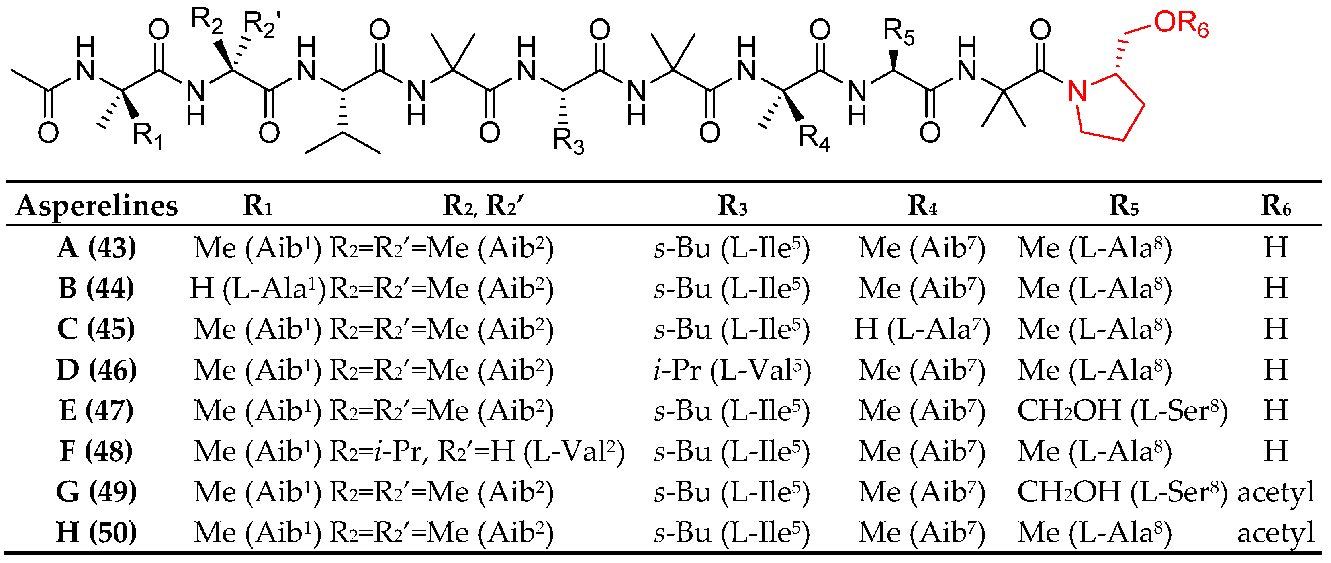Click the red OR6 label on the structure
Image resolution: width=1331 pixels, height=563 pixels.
(x=1181, y=24)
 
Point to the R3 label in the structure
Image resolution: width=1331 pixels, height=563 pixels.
(x=568, y=141)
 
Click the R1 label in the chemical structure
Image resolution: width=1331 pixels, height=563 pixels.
(x=148, y=136)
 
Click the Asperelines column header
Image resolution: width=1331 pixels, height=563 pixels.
(x=97, y=206)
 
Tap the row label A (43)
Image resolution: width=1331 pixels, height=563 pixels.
(x=97, y=248)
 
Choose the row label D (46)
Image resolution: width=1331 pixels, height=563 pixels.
(x=97, y=370)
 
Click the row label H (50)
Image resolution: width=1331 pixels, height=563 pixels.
(x=97, y=532)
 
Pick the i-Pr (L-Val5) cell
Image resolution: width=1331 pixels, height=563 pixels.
(x=732, y=370)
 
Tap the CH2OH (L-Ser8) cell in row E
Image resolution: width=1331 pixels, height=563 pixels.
(x=1122, y=411)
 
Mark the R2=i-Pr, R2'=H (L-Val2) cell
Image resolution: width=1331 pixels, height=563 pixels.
(x=477, y=451)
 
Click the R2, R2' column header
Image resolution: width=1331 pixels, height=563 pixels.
(x=483, y=206)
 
